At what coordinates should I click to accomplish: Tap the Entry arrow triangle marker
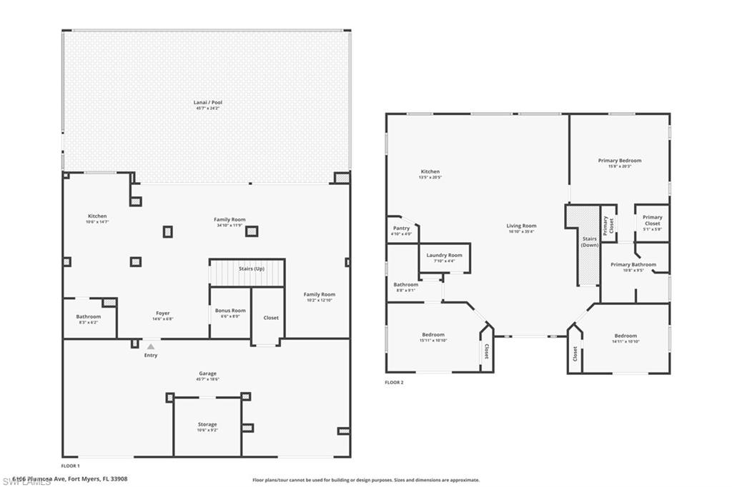click(x=150, y=346)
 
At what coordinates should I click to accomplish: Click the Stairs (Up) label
click(x=250, y=268)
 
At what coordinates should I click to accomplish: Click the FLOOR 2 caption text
click(x=394, y=383)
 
